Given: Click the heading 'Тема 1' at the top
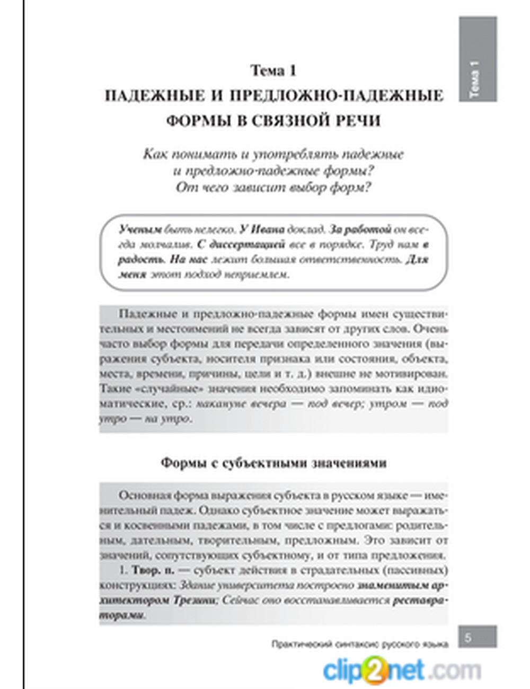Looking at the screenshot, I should point(273,70).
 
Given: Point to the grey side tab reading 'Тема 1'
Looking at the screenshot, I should point(478,59).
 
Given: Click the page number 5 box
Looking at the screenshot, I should point(477,637).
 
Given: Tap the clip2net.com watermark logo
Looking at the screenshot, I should point(401,669).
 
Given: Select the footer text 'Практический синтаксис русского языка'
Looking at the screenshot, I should point(360,644).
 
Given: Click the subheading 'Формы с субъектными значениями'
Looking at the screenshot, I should point(273,463).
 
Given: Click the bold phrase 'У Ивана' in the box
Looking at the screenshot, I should point(261,230).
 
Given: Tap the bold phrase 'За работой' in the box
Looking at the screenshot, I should point(360,230).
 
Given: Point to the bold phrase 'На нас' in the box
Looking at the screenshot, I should point(188,260).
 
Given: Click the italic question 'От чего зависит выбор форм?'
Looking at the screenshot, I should point(273,188).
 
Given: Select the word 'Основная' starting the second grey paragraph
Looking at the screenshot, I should point(142,496).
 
